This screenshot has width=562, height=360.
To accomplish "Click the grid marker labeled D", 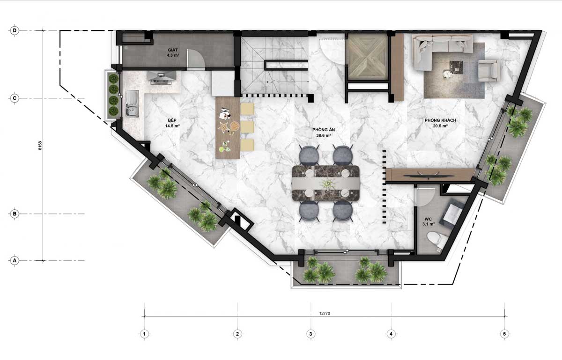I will click(15, 31).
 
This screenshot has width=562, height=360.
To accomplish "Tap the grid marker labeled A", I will click(15, 260).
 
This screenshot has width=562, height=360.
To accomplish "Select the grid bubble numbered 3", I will click(311, 334).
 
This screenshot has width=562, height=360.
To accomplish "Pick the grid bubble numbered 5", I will click(504, 334).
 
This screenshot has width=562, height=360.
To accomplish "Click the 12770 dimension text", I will click(325, 314).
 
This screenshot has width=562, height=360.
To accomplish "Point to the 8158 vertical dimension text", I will click(40, 146).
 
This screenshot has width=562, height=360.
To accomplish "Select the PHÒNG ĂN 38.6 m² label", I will click(324, 132).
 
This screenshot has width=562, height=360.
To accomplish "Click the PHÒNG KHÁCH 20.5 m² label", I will click(440, 123).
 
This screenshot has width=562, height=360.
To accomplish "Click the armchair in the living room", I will click(488, 70).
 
